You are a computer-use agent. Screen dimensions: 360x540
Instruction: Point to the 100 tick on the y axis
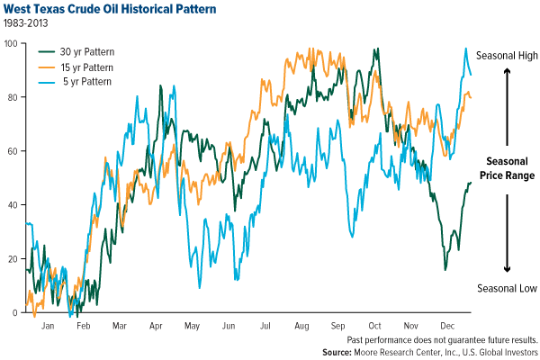coord(13,42)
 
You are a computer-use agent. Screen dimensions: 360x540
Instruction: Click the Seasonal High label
coord(508,54)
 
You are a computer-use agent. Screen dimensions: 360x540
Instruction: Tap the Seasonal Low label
coord(508,288)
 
